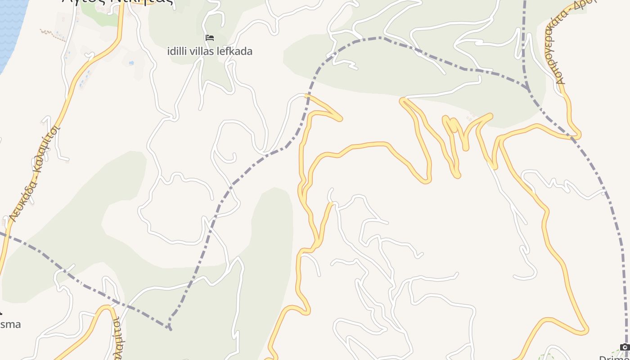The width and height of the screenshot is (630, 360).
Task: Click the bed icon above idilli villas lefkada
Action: coord(210,38)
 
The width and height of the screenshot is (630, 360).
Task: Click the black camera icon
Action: coord(625,347)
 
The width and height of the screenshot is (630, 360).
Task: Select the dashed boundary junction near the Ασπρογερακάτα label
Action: coord(528,88)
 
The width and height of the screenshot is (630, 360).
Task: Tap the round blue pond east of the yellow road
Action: coord(131,63)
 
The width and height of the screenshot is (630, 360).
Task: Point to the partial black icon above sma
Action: coord(1,311)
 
